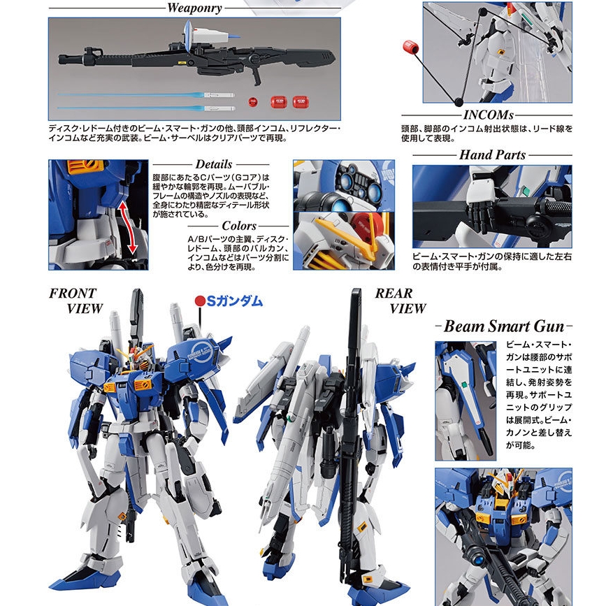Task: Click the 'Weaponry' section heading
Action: coord(194,9)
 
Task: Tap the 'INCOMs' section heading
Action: coord(488,115)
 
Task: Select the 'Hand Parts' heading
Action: coord(492,154)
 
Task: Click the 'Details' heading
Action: coord(214,165)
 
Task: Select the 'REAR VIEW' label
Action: coord(400,301)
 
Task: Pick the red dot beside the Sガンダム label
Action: coord(199,301)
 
